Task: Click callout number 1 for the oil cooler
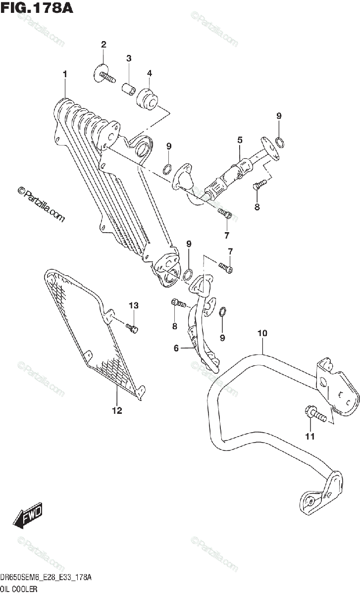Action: pyautogui.click(x=65, y=74)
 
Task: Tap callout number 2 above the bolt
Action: pyautogui.click(x=103, y=45)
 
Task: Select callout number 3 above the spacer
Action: pyautogui.click(x=129, y=58)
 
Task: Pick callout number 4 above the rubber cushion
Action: pyautogui.click(x=149, y=73)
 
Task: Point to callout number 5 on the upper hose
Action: pyautogui.click(x=240, y=140)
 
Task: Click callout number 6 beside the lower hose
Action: pyautogui.click(x=176, y=348)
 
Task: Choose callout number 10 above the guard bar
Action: pyautogui.click(x=262, y=333)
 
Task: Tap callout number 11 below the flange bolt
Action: pyautogui.click(x=310, y=436)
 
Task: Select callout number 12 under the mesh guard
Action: pyautogui.click(x=117, y=410)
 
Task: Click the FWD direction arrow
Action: pyautogui.click(x=28, y=516)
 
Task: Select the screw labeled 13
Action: pyautogui.click(x=132, y=328)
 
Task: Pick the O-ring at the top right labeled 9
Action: pyautogui.click(x=280, y=143)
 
